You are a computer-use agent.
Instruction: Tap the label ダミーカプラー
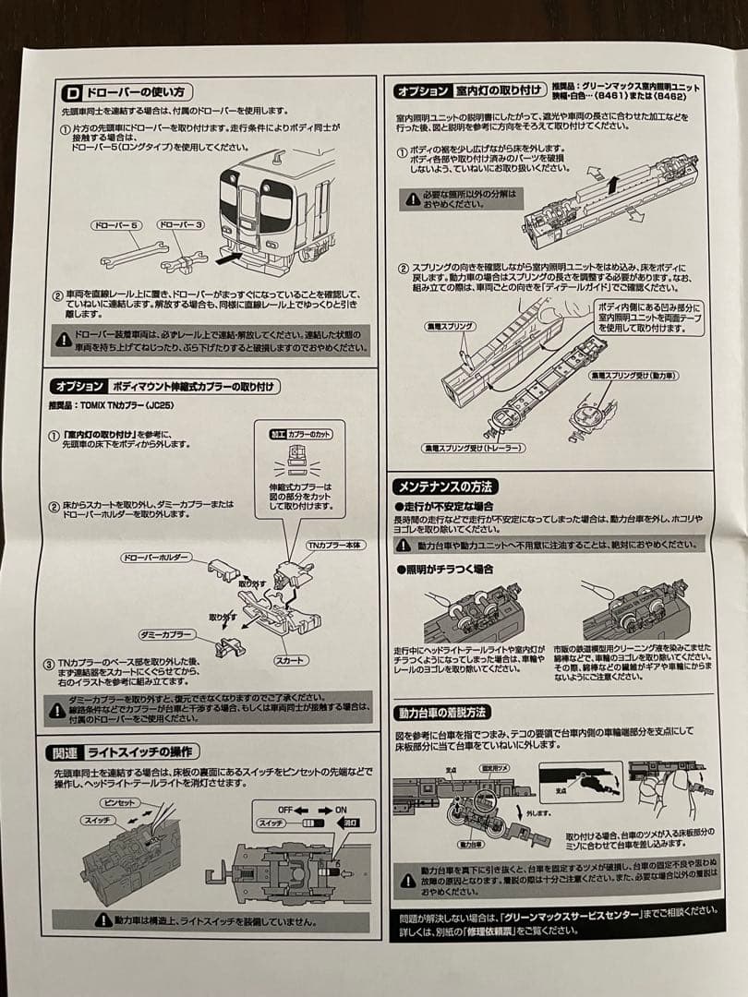166,636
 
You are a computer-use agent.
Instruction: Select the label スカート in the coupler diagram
290,661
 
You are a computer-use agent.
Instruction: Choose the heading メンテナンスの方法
445,486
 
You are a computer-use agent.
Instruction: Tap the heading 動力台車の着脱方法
444,713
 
